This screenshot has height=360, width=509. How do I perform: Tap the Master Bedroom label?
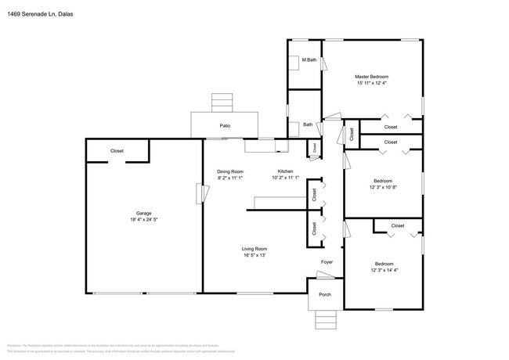(x=372, y=76)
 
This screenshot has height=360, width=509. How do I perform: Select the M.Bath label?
(x=309, y=60)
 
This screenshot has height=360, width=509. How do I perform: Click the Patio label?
(x=225, y=125)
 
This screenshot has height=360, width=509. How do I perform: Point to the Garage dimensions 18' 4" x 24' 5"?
(x=143, y=220)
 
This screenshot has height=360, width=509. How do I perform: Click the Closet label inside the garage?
(x=117, y=150)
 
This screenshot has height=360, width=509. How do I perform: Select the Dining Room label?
(x=230, y=171)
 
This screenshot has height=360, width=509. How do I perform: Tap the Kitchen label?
(x=286, y=171)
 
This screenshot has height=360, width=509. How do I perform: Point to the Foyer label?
(x=327, y=262)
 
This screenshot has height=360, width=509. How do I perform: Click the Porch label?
(x=324, y=295)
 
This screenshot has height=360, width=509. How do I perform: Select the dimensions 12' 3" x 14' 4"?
(x=384, y=270)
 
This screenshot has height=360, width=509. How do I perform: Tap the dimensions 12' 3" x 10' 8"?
(x=384, y=186)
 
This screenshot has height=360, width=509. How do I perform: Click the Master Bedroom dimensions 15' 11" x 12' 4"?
(x=372, y=83)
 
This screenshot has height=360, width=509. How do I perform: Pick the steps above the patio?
(x=222, y=103)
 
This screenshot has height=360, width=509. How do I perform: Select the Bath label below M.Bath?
(x=308, y=124)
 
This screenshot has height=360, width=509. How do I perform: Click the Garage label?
(x=143, y=213)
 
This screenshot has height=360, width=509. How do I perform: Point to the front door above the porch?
(x=324, y=275)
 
